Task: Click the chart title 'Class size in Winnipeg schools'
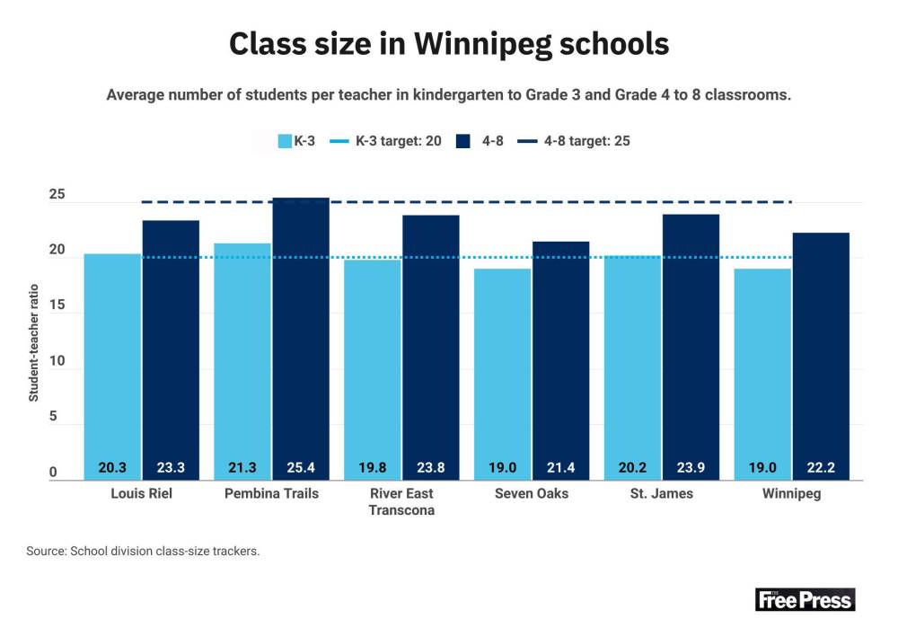pyautogui.click(x=448, y=43)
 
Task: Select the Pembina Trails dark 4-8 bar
pyautogui.click(x=301, y=332)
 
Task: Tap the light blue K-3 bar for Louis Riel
pyautogui.click(x=112, y=359)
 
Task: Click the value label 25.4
pyautogui.click(x=301, y=467)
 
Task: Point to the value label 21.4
pyautogui.click(x=561, y=467)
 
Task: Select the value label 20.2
pyautogui.click(x=632, y=467)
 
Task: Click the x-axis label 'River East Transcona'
pyautogui.click(x=401, y=501)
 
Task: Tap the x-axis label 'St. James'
pyautogui.click(x=661, y=493)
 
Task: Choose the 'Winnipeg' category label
pyautogui.click(x=791, y=493)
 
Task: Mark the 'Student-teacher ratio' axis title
pyautogui.click(x=33, y=342)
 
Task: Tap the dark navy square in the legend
pyautogui.click(x=463, y=141)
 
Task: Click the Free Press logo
pyautogui.click(x=805, y=599)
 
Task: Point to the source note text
pyautogui.click(x=143, y=551)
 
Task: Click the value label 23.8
pyautogui.click(x=431, y=467)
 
